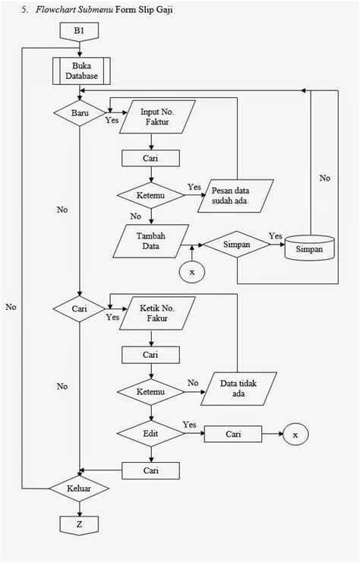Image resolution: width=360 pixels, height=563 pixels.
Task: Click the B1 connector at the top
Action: [79, 33]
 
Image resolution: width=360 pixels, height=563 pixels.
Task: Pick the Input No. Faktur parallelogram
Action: [156, 119]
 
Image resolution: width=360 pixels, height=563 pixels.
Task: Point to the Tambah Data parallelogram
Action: [151, 240]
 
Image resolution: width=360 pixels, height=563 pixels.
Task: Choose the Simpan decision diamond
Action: [237, 245]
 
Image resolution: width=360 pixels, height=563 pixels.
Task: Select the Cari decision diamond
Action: [80, 309]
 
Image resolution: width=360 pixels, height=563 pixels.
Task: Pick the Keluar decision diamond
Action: [79, 488]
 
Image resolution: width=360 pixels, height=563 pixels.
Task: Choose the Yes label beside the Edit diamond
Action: [190, 423]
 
